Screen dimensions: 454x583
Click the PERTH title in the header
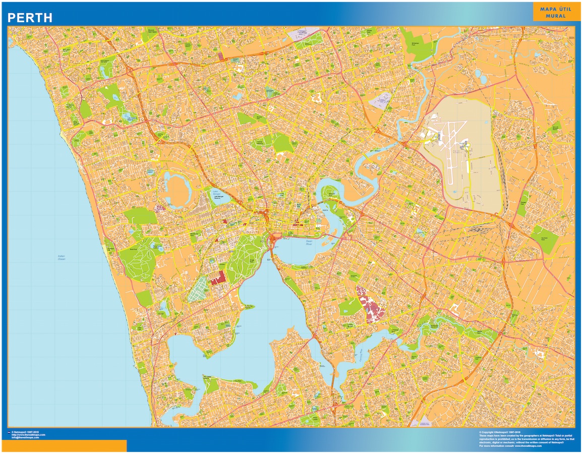coord(30,18)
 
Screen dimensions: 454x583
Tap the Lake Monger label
coord(217,192)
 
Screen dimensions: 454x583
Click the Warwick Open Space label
coord(150,31)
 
